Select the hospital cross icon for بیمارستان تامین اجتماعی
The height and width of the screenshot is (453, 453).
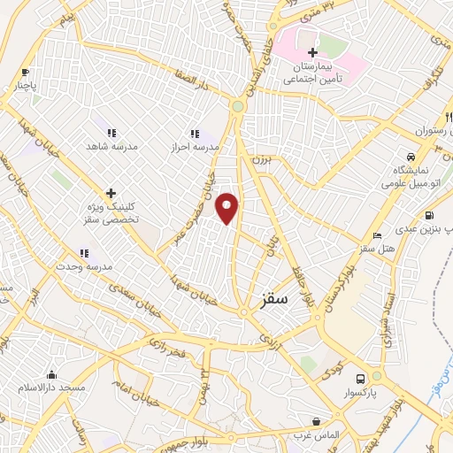click(312, 52)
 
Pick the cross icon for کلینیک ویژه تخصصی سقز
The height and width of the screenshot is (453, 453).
click(111, 193)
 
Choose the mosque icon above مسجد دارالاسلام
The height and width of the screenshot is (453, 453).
click(51, 374)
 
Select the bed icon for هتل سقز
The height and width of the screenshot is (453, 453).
click(378, 236)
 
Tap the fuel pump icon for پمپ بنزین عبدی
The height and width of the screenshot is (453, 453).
click(429, 215)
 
